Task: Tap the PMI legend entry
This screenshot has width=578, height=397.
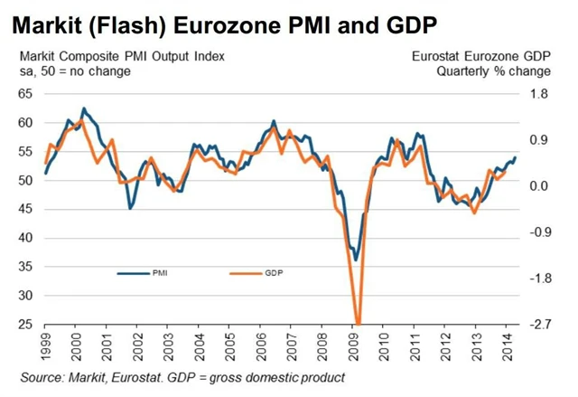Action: (x=161, y=271)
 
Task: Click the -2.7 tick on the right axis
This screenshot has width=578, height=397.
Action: (x=539, y=325)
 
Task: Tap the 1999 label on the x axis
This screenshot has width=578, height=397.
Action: (x=46, y=346)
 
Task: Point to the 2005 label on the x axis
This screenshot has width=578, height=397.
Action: (x=230, y=346)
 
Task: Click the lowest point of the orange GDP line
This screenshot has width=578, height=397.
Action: (x=359, y=323)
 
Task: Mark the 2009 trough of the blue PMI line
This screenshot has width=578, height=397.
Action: (x=356, y=260)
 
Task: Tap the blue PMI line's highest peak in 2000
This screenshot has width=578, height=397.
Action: (x=84, y=108)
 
